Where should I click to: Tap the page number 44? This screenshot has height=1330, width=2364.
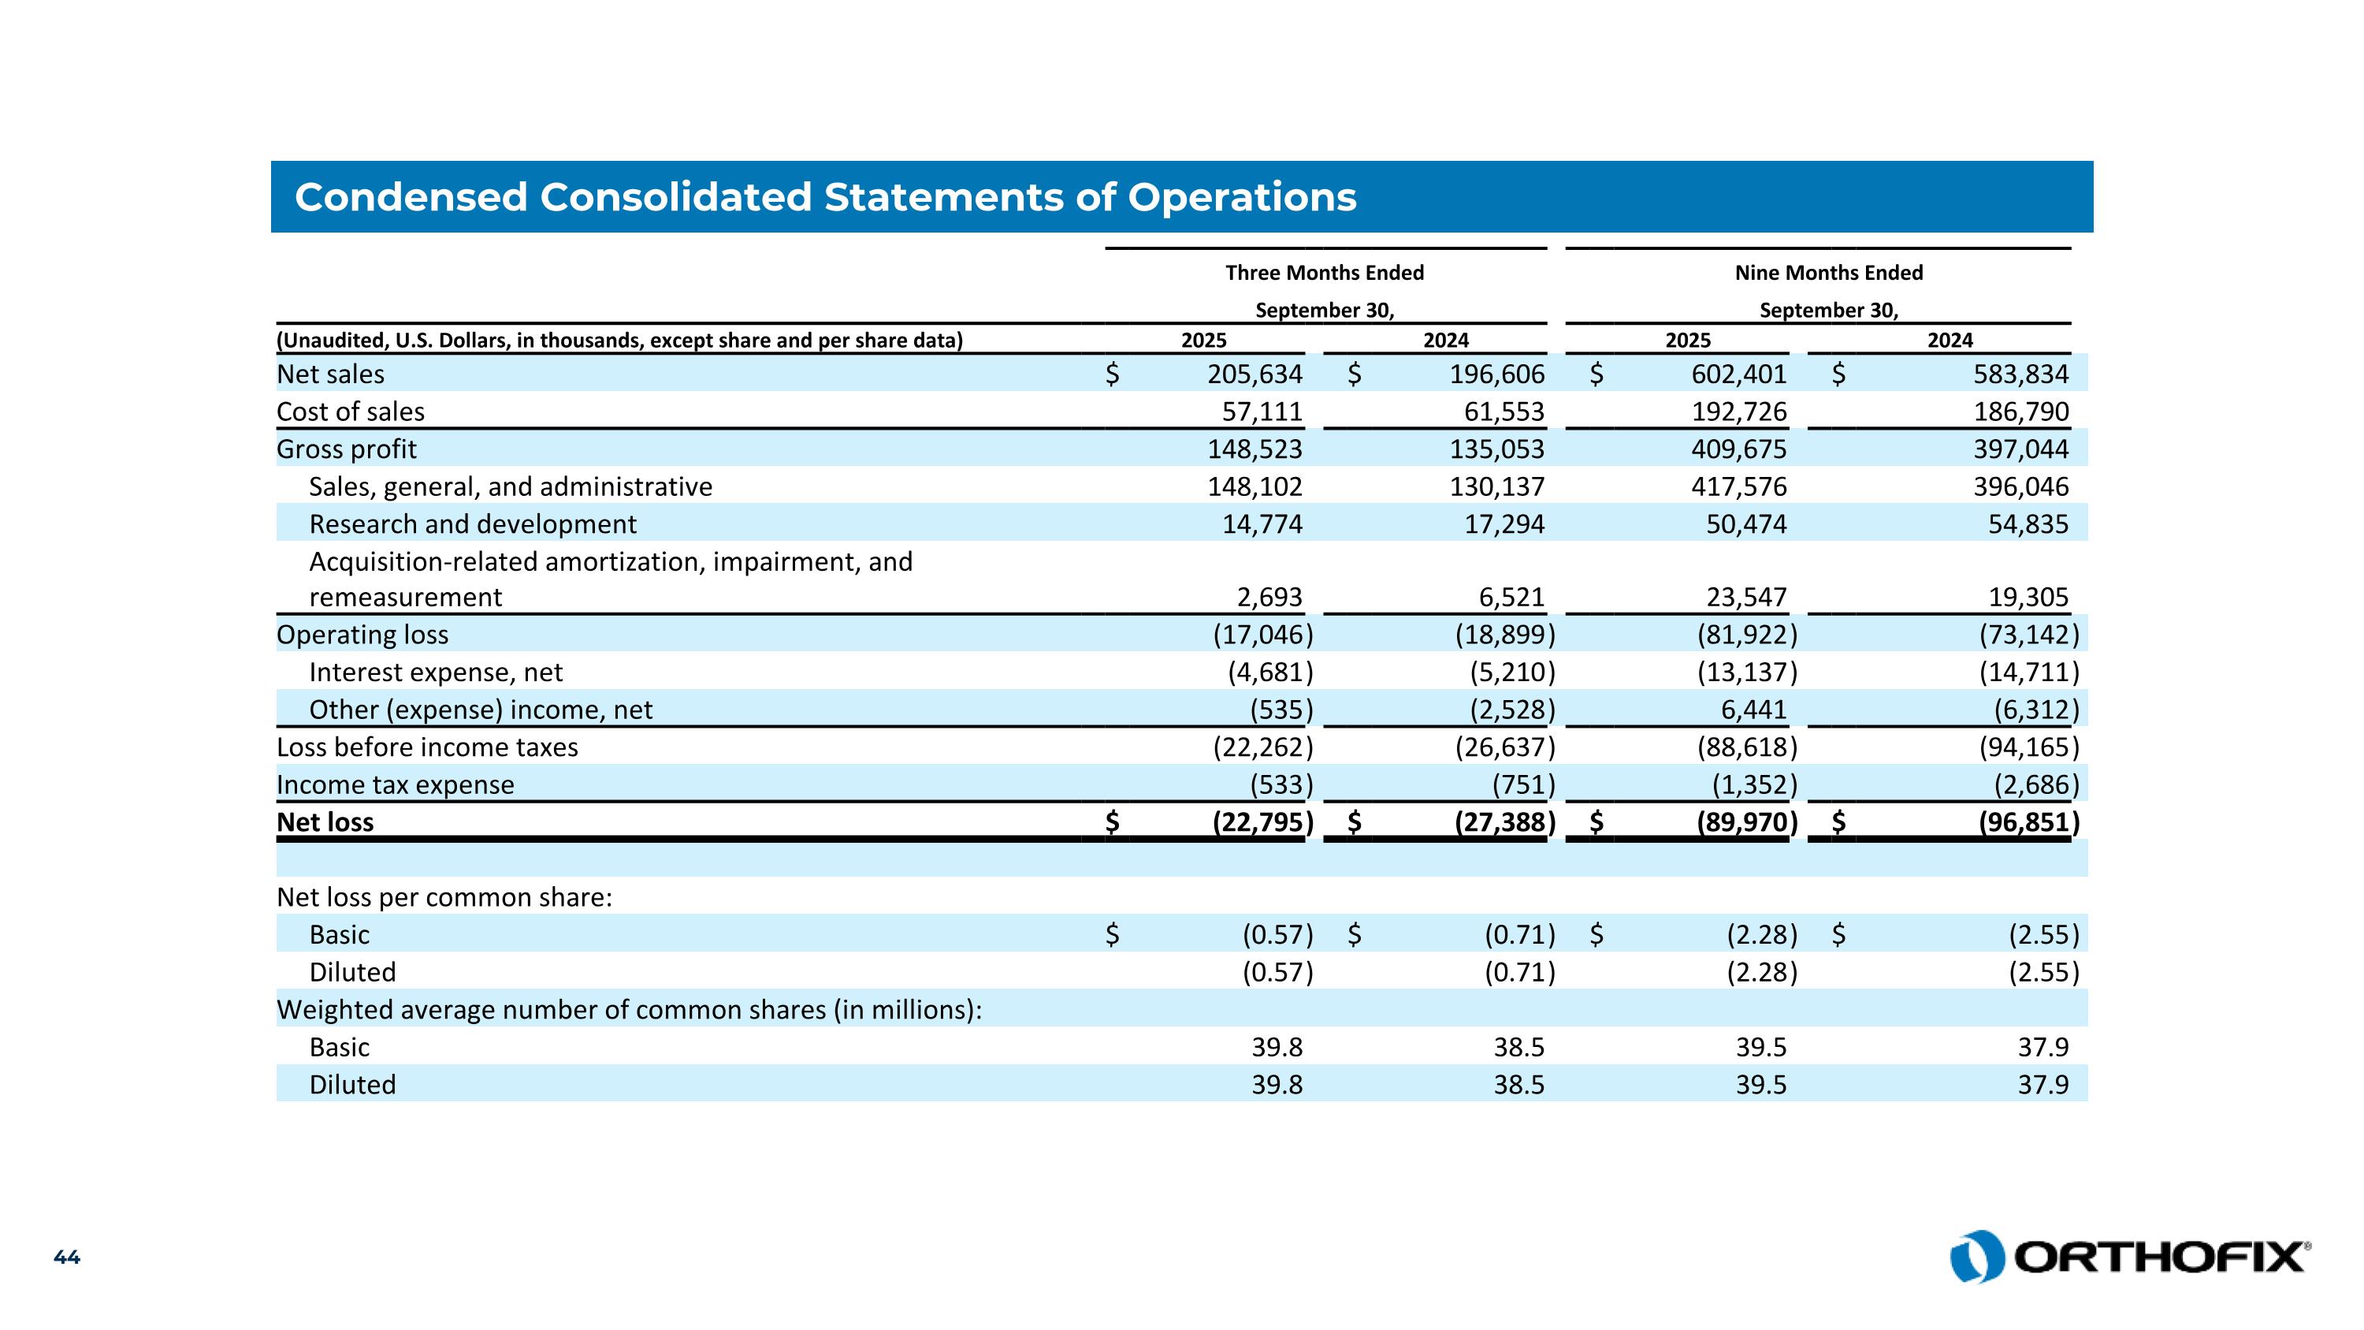coord(67,1257)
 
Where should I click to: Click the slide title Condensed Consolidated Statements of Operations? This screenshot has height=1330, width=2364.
coord(825,197)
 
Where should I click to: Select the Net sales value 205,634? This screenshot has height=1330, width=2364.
coord(1254,374)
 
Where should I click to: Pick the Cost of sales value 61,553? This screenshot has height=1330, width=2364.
coord(1504,412)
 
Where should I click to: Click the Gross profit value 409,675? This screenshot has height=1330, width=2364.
coord(1739,449)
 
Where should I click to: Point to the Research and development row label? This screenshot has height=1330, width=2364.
coord(473,524)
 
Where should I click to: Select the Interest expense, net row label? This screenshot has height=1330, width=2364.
coord(436,672)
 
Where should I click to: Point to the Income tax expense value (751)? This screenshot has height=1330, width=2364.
coord(1523,784)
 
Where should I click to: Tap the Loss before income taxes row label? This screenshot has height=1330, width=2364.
coord(428,747)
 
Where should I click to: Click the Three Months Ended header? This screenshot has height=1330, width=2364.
coord(1325,273)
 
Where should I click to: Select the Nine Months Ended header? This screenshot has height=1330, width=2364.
coord(1828,273)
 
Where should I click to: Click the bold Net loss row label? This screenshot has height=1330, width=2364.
coord(325,822)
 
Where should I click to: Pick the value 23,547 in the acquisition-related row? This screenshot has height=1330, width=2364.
coord(1745,598)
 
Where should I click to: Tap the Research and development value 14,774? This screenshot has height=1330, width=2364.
coord(1262,524)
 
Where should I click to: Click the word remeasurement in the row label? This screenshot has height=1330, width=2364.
coord(406,598)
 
